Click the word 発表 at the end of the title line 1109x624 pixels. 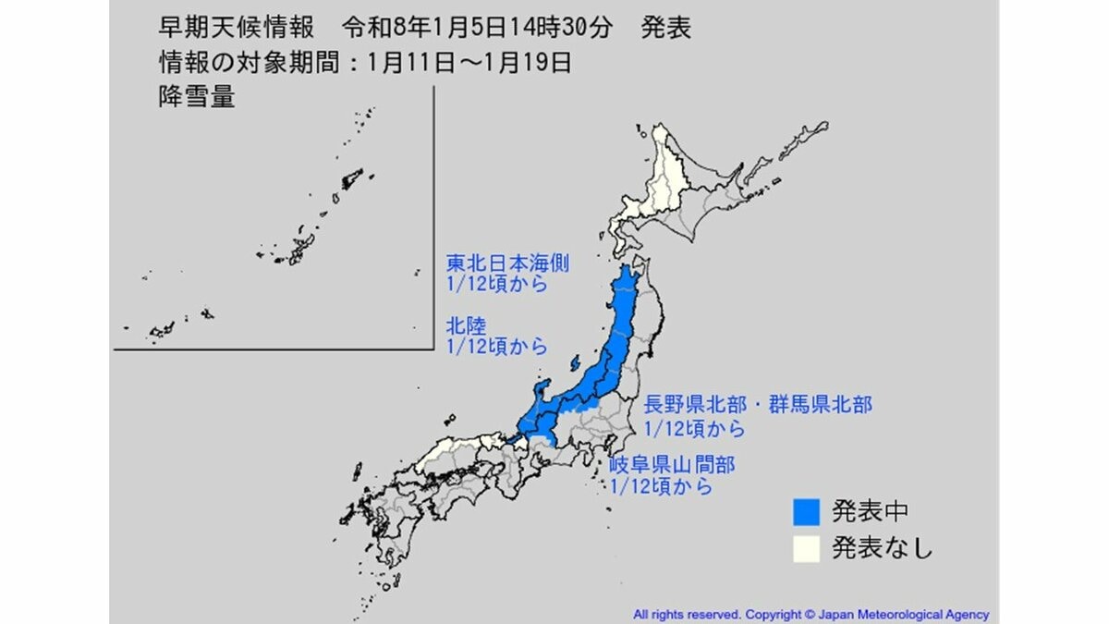665,29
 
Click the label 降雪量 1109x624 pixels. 196,97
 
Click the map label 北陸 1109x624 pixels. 466,326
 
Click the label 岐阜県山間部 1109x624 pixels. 672,463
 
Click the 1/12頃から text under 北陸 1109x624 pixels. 496,348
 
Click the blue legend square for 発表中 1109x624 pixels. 807,511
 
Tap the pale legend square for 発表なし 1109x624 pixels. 807,548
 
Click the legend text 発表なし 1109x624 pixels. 882,548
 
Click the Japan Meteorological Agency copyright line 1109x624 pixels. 810,614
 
